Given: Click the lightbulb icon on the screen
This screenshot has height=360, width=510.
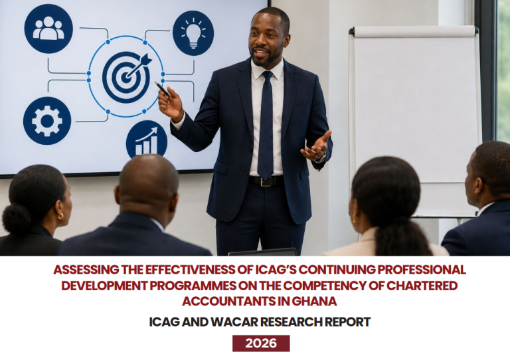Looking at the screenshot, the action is (x=193, y=33).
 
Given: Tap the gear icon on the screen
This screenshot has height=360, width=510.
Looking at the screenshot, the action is (x=47, y=121).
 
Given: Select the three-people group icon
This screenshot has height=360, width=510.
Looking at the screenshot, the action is (x=48, y=29).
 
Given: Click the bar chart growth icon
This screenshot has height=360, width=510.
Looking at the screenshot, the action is (x=147, y=140).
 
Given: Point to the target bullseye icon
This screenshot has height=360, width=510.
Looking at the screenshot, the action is (x=126, y=77).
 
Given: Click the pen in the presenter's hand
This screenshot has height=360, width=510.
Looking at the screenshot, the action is (x=162, y=89).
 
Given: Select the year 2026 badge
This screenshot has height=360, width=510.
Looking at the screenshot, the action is (x=261, y=343).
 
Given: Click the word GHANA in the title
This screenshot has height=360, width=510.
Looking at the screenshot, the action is (x=314, y=301).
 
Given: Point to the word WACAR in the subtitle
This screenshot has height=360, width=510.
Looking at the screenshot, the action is (x=234, y=322).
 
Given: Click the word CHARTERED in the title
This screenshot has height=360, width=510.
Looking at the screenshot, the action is (x=422, y=286).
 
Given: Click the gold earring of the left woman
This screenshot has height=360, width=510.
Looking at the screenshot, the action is (x=61, y=216).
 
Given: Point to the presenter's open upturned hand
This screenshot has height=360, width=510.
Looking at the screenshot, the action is (x=317, y=147).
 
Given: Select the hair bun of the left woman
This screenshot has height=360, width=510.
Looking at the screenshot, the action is (x=16, y=219).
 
